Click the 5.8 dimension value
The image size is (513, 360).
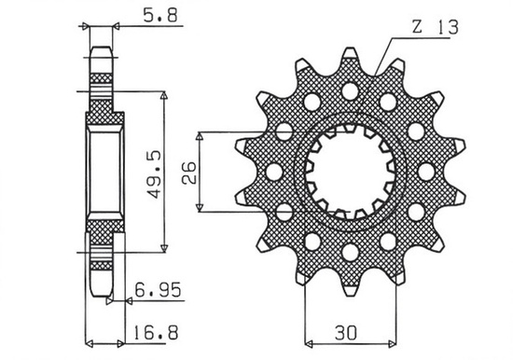[x=143, y=15]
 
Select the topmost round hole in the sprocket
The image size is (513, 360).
[x=351, y=91]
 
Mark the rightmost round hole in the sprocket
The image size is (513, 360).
[x=426, y=172]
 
